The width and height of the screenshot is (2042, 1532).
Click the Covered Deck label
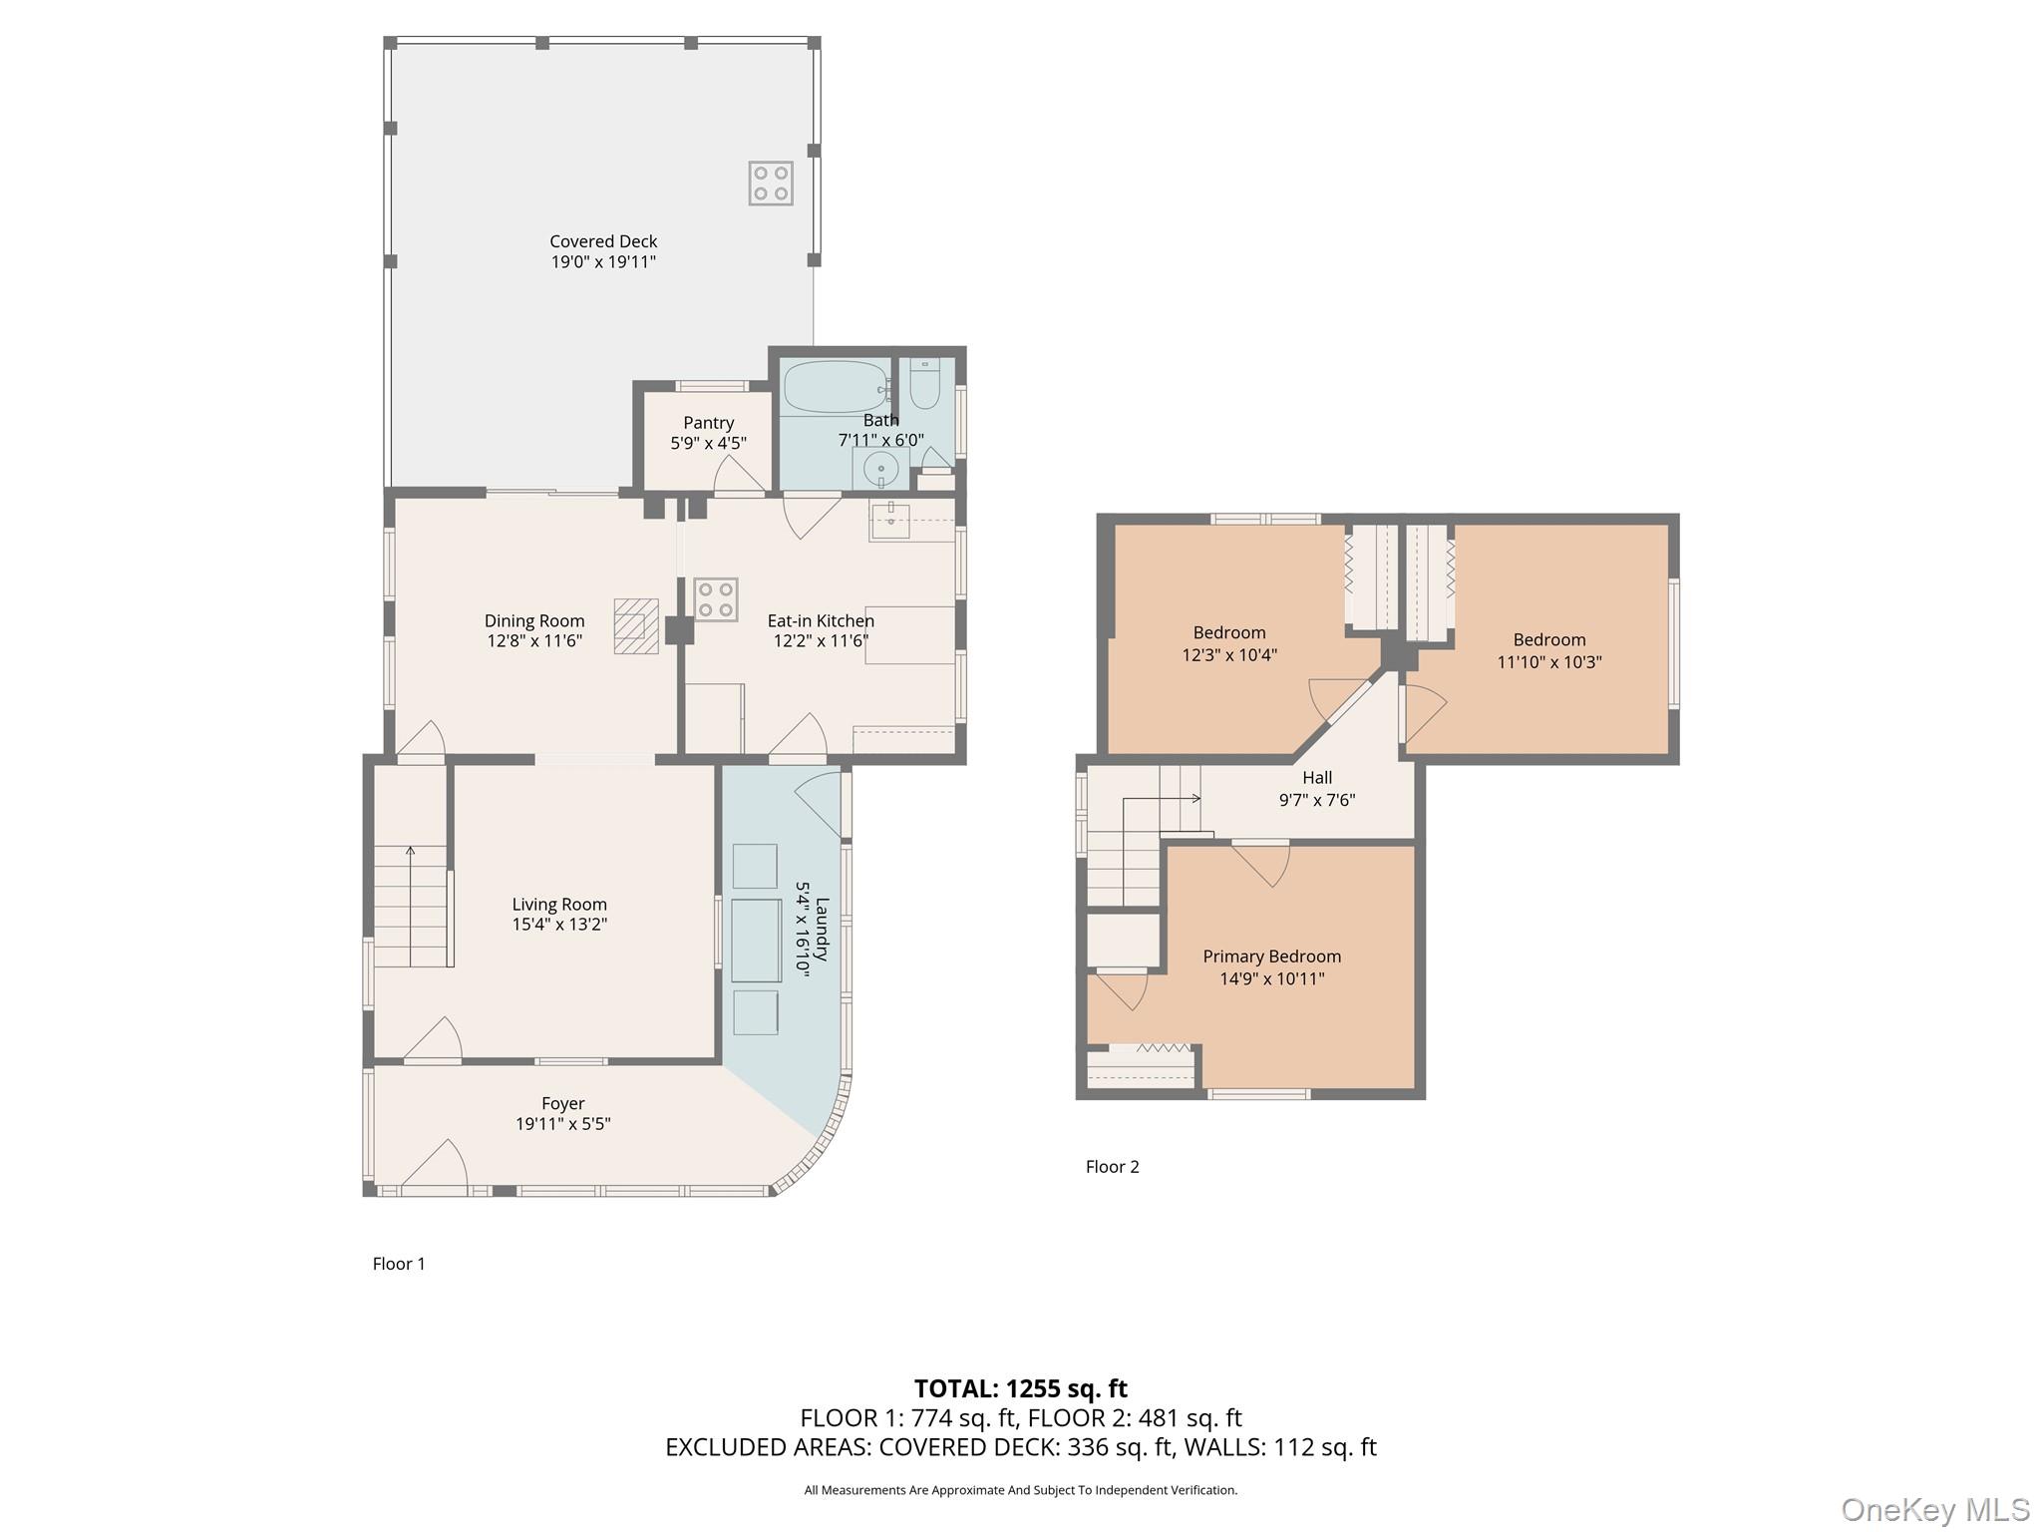click(x=603, y=241)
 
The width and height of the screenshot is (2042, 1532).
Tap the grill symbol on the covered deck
click(x=771, y=184)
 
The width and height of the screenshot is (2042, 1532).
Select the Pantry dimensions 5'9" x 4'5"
click(x=708, y=443)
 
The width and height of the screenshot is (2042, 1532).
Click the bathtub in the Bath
click(x=835, y=387)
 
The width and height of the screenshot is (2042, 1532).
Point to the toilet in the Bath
click(x=924, y=385)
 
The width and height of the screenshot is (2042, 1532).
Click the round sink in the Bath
click(x=880, y=468)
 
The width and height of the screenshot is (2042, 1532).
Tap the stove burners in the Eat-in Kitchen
click(x=716, y=599)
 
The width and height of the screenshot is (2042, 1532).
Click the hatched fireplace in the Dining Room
click(x=636, y=625)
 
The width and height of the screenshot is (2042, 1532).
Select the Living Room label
click(x=559, y=905)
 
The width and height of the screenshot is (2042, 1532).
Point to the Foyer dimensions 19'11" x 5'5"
click(x=562, y=1124)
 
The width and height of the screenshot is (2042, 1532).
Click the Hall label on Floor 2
click(x=1316, y=778)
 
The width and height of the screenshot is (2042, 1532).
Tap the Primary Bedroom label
click(x=1271, y=957)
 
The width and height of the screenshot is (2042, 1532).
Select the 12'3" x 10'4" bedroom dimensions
click(x=1229, y=655)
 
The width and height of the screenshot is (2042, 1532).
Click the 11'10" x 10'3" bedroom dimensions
click(x=1548, y=662)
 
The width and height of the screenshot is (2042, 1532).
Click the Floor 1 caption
click(x=399, y=1264)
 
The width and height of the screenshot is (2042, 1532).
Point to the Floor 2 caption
click(x=1112, y=1167)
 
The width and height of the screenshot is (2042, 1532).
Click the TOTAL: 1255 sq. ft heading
click(x=1020, y=1388)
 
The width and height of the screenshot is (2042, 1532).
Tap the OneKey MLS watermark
click(x=1934, y=1510)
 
